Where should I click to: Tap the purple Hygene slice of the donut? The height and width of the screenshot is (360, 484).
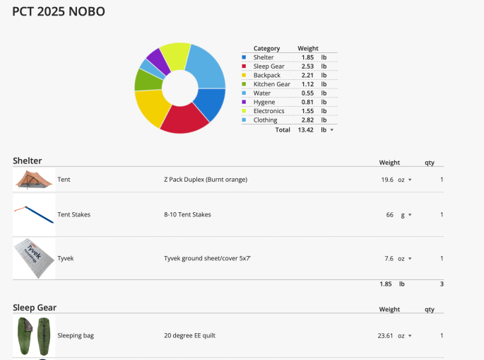coord(157,61)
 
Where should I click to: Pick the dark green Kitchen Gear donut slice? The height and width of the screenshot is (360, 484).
coord(145,79)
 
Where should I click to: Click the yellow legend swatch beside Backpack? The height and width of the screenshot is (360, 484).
coord(244,75)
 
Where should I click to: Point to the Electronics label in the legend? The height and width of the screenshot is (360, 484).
coord(268,111)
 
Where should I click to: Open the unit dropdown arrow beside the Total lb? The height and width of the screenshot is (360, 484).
coord(331,130)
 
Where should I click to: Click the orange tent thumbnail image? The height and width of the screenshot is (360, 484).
coord(33,180)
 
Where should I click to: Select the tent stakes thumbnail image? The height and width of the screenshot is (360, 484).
coord(33,214)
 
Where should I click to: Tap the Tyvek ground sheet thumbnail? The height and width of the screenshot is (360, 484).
coord(33,258)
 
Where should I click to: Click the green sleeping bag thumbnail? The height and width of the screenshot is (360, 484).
coord(33,335)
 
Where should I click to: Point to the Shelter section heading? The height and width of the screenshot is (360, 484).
coord(28,161)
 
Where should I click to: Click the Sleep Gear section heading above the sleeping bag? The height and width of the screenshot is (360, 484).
coord(35,308)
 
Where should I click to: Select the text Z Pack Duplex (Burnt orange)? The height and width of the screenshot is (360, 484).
coord(206,180)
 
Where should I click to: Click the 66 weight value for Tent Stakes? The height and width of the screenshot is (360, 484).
coord(389,214)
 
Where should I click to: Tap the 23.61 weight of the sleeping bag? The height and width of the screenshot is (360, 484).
coord(386,335)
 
